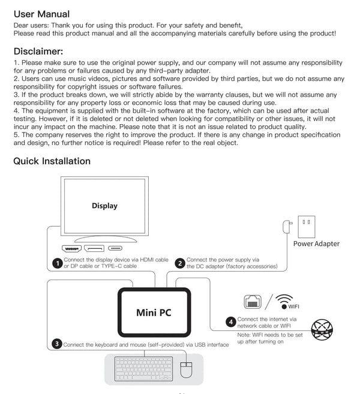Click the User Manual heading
pos(41,13)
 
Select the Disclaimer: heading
pos(38,51)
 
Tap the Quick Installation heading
pos(52,161)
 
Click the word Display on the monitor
pos(104,206)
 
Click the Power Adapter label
pos(316,243)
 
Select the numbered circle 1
pos(56,263)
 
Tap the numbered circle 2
pos(179,263)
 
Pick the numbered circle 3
pos(56,344)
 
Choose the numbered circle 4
pos(230,321)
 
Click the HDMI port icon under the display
pos(71,248)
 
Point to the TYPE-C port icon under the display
pos(115,248)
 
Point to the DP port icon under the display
pos(94,248)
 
